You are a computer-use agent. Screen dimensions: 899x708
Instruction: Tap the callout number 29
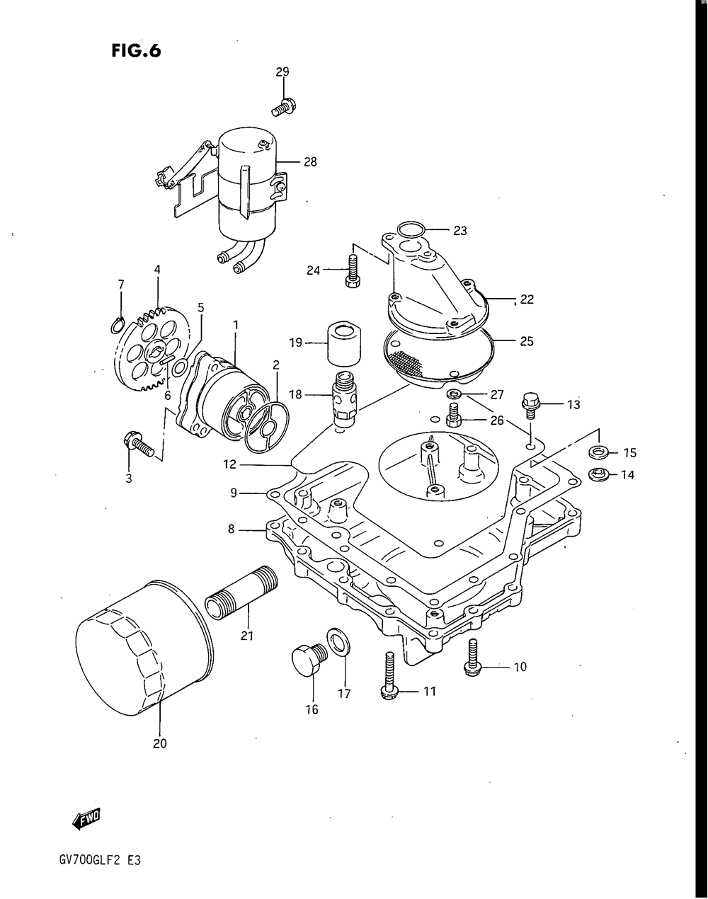click(282, 71)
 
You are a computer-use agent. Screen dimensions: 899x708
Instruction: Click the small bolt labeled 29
click(283, 108)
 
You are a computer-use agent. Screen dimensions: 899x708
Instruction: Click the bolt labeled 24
click(352, 272)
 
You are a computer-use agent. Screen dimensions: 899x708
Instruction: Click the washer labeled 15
click(599, 452)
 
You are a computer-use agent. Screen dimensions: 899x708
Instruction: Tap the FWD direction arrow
click(86, 818)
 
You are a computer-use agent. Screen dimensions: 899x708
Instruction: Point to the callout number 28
click(310, 162)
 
